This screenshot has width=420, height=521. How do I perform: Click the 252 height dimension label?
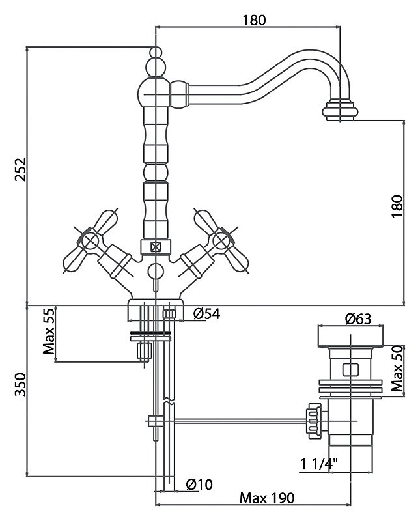[x=20, y=169]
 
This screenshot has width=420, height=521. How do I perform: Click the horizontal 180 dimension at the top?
[x=254, y=20]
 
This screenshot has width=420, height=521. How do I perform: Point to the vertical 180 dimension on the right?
[x=397, y=206]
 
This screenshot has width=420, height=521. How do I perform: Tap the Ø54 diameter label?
[x=206, y=314]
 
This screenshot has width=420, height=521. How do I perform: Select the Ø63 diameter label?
[x=358, y=318]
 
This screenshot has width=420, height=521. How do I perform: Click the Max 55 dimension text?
[x=49, y=331]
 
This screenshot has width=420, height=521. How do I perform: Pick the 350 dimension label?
[x=20, y=385]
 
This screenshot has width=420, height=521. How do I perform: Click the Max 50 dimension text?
[x=397, y=368]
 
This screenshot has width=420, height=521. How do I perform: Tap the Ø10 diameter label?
[x=199, y=485]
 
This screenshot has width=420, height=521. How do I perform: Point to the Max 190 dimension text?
[x=267, y=498]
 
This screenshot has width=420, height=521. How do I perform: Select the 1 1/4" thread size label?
[x=319, y=464]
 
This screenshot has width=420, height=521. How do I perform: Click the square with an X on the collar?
[x=156, y=247]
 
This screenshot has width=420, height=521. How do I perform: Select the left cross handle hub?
[x=90, y=240]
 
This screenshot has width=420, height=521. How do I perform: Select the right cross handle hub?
[x=221, y=240]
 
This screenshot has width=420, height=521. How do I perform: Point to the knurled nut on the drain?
[x=314, y=421]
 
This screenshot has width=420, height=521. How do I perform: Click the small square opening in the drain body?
[x=350, y=369]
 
